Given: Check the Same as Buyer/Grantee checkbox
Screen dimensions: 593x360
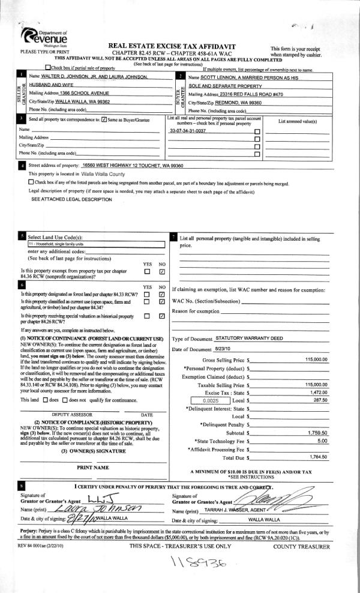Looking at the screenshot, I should click(x=105, y=120).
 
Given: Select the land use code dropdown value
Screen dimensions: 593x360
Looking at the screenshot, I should click(x=96, y=244).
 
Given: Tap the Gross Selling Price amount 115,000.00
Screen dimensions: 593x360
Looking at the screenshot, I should click(x=316, y=359).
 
